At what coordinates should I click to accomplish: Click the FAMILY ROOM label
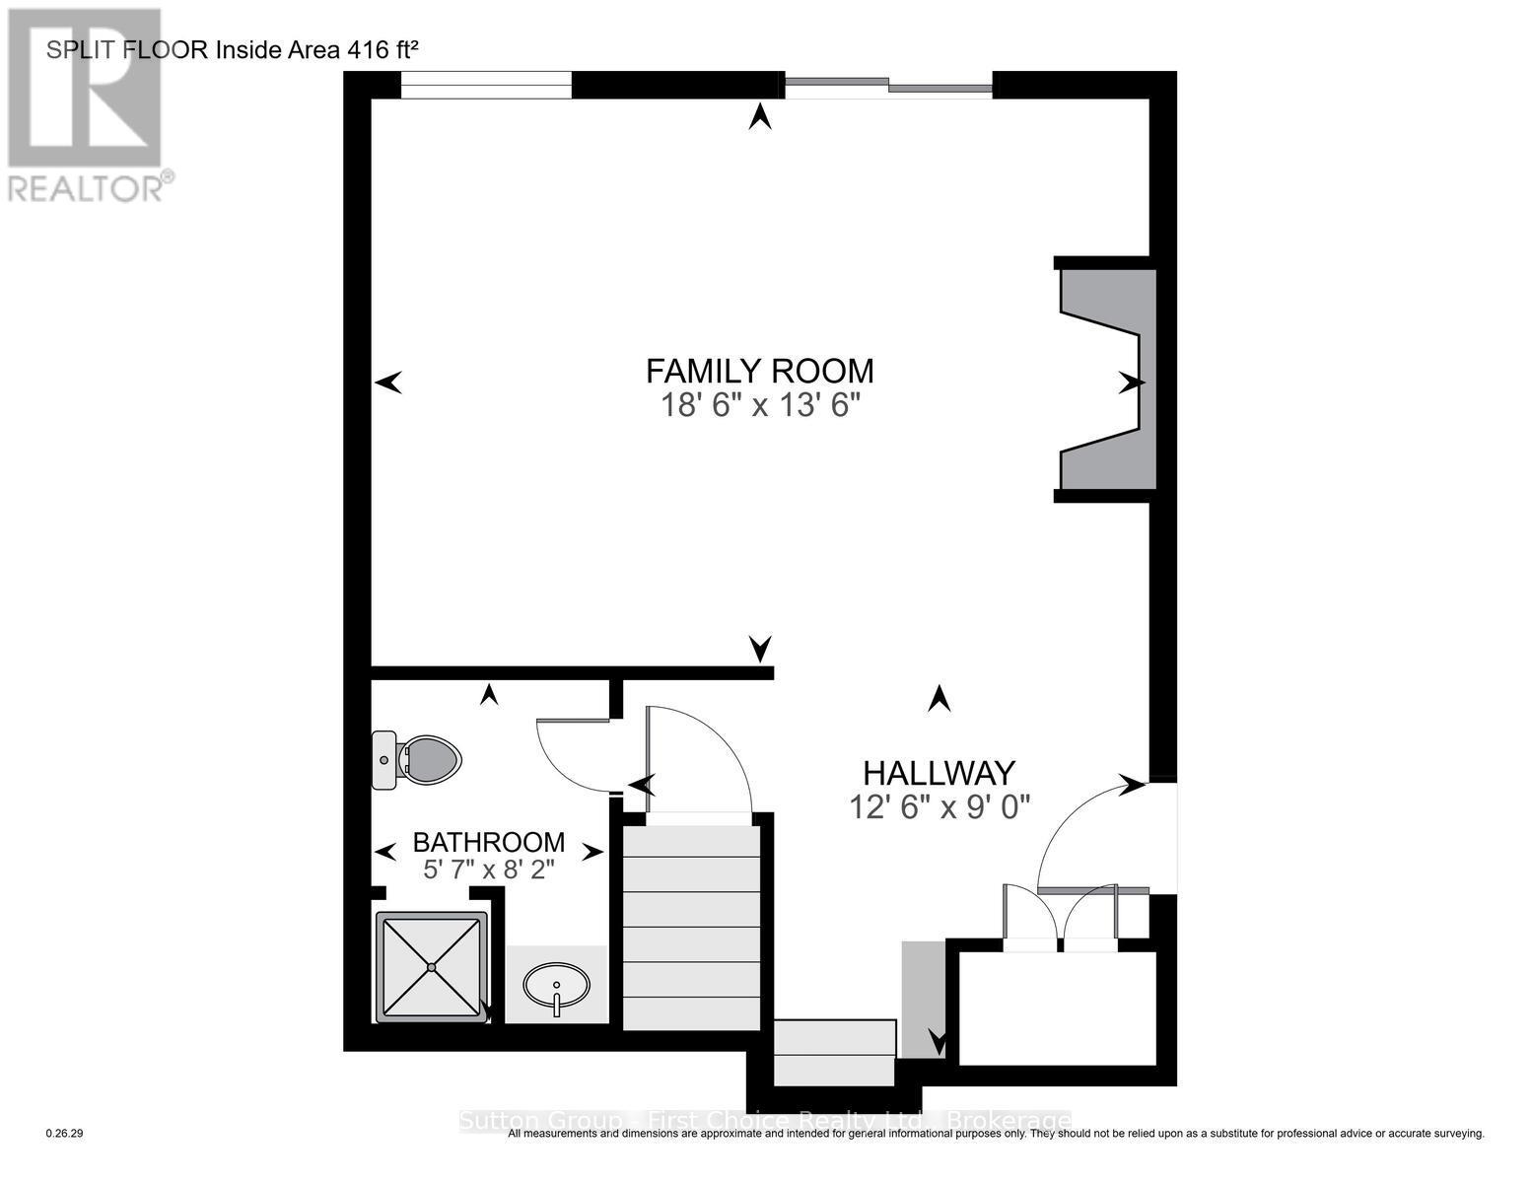[759, 372]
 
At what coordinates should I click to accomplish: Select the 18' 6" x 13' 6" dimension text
[759, 405]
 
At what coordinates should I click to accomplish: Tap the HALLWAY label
[939, 773]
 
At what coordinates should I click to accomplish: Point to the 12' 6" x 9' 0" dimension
[939, 807]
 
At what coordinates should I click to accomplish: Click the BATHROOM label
[488, 843]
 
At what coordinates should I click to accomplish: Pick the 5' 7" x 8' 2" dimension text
[488, 870]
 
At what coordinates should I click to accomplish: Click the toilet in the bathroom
[419, 760]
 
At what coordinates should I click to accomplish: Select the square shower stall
[432, 967]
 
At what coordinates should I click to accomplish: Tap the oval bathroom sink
[557, 985]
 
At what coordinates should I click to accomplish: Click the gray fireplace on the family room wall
[1104, 379]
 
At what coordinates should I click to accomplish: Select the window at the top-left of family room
[486, 86]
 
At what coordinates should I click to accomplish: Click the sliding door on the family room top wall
[887, 86]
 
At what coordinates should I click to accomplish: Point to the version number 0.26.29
[65, 1134]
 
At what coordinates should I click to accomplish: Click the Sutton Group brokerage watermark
[765, 1121]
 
